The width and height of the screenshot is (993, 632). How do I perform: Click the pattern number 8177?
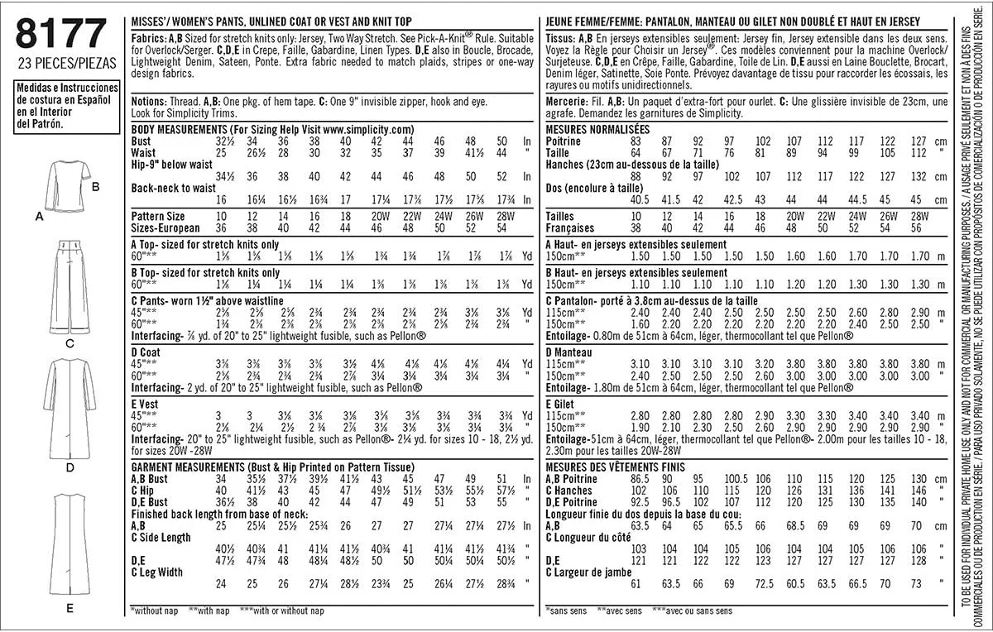(x=60, y=35)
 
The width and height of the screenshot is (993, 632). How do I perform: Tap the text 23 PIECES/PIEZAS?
(x=65, y=63)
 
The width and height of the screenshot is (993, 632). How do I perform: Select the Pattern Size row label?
(x=160, y=215)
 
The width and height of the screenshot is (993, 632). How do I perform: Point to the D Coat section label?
(x=146, y=352)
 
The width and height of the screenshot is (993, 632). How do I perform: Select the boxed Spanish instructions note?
(x=65, y=105)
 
